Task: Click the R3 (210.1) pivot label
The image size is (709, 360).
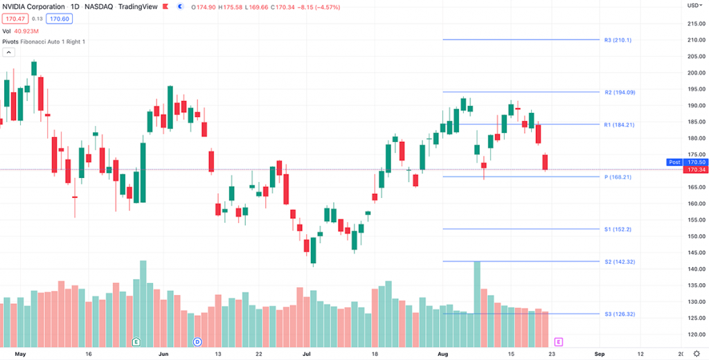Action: [618, 40]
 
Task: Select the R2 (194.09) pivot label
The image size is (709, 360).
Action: [619, 92]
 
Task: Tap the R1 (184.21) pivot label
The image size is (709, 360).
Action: [619, 125]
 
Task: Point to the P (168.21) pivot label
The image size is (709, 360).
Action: [618, 177]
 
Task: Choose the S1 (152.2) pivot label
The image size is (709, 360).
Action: [618, 229]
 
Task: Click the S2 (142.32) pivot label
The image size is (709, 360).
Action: [619, 262]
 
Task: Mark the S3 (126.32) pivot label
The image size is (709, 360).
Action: [619, 314]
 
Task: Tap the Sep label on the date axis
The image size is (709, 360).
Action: [600, 353]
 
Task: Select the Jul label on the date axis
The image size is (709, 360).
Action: [306, 353]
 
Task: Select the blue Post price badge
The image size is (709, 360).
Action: [674, 162]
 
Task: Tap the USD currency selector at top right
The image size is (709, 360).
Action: [694, 5]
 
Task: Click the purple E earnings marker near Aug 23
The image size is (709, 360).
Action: [558, 341]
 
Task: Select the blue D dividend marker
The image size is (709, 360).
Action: [197, 341]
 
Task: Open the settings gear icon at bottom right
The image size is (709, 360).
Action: [696, 353]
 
